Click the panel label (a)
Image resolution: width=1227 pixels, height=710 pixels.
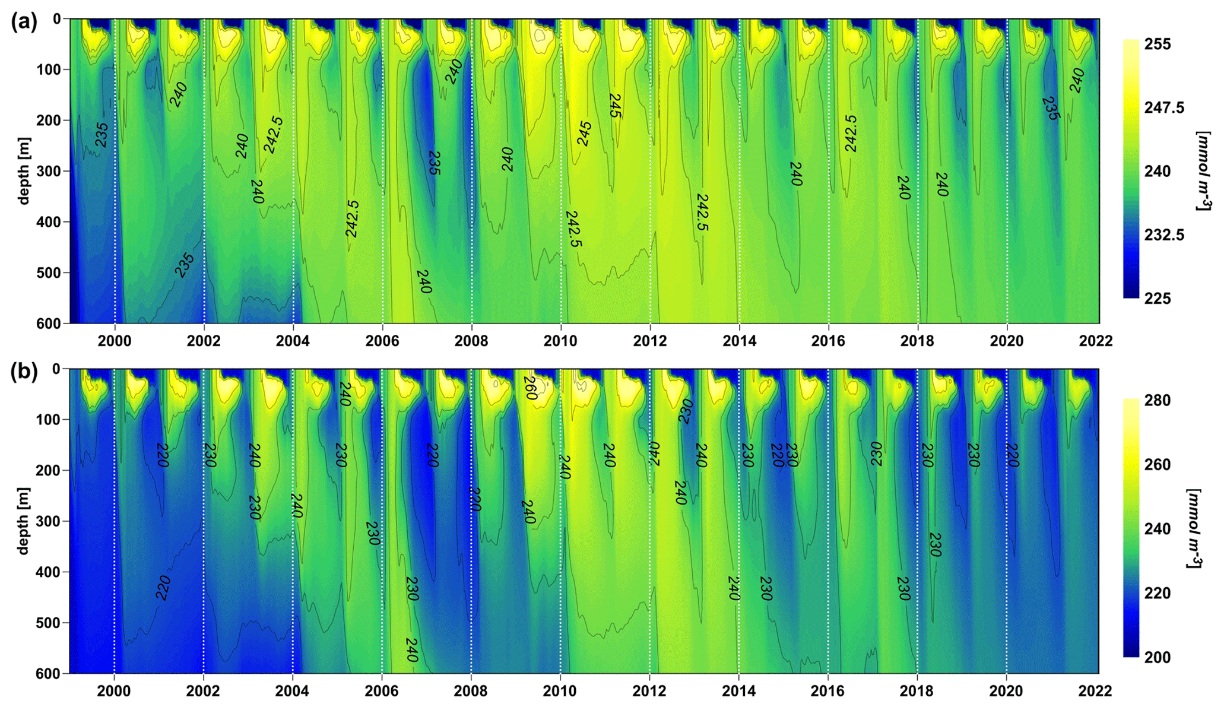24,22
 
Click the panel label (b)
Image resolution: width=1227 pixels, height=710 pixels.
24,372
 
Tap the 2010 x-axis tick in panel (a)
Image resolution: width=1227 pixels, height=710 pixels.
560,341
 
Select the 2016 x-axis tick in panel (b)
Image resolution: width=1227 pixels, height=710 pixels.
827,691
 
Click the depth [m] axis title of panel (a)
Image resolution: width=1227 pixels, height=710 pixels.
24,171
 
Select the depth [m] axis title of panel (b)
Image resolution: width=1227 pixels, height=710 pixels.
24,521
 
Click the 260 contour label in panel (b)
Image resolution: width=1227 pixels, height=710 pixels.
530,388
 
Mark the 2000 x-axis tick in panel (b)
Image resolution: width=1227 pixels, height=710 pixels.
114,691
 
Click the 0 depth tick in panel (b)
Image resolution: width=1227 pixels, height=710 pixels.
56,369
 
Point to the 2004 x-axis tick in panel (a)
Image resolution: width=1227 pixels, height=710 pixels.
293,341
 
